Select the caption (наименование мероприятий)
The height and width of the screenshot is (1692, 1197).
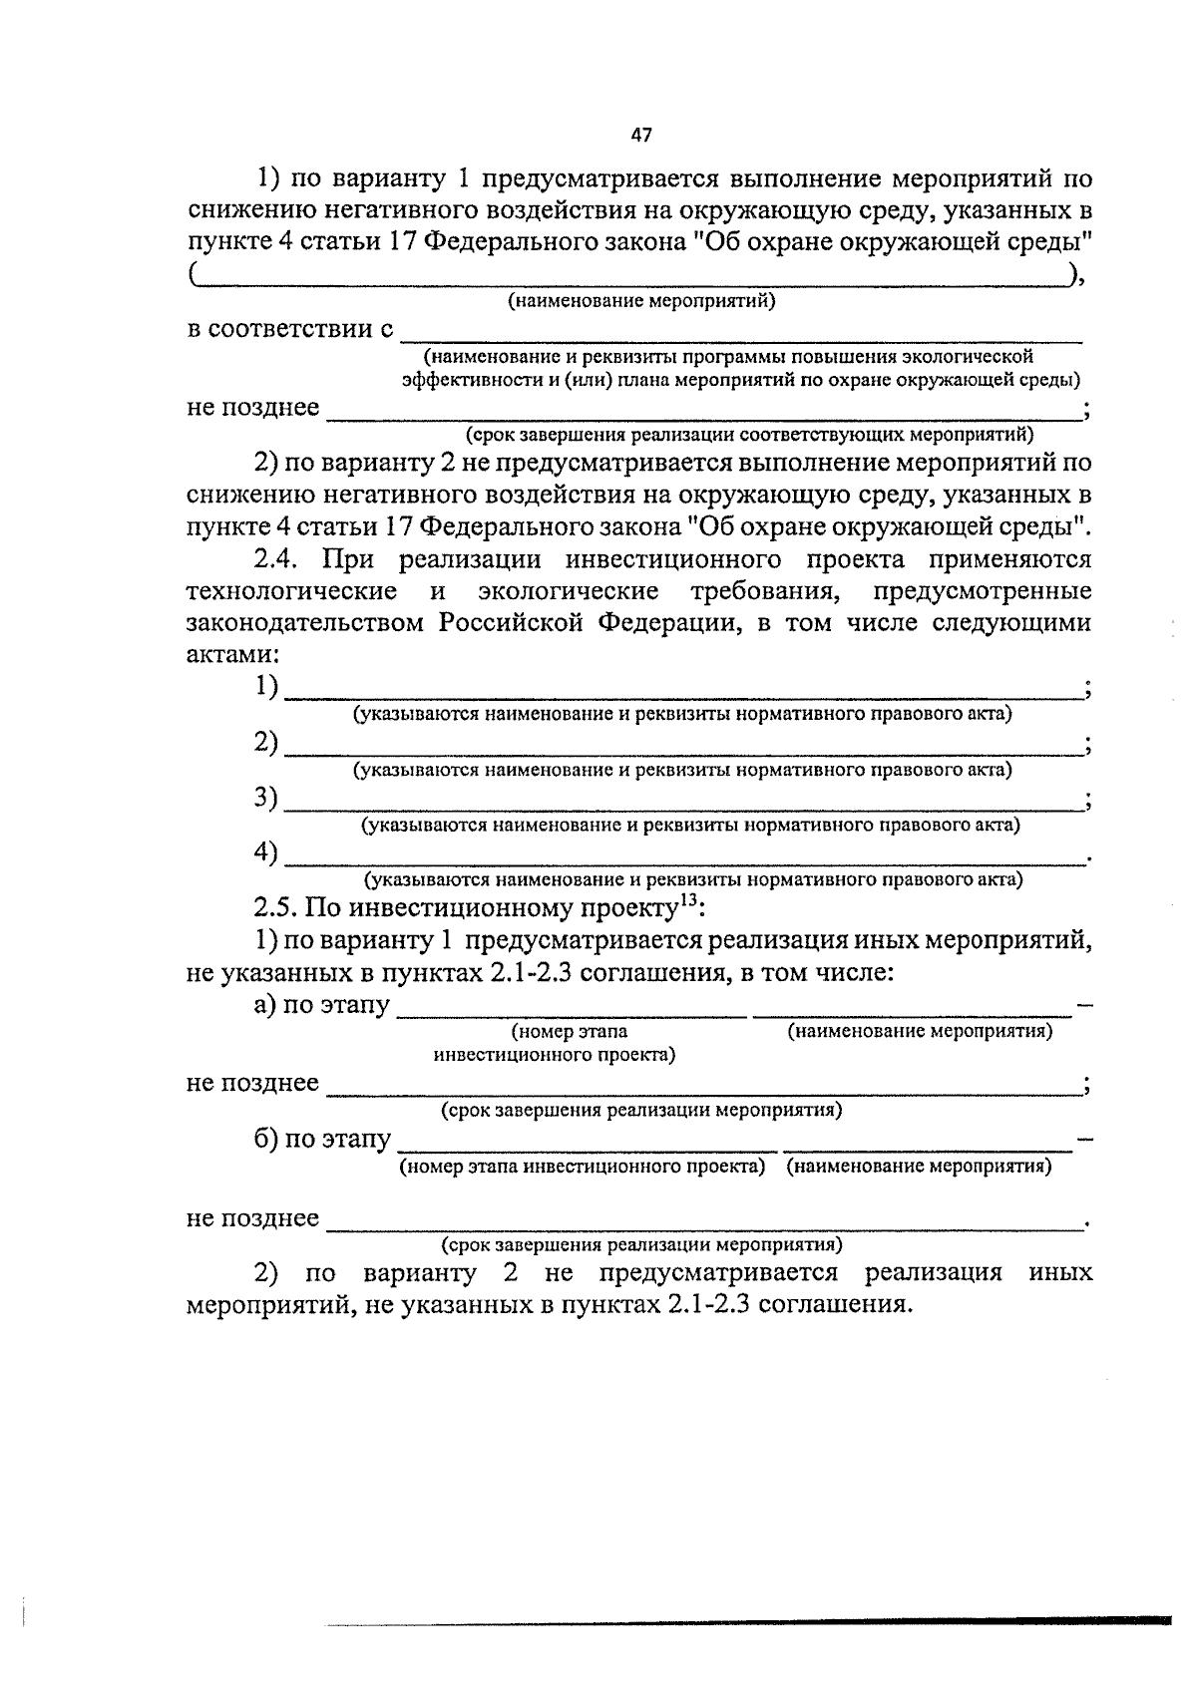(640, 300)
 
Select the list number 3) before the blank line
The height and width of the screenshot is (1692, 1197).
(264, 798)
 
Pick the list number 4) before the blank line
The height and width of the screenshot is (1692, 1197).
(264, 852)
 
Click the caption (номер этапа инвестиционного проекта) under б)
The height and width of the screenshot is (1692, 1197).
(583, 1167)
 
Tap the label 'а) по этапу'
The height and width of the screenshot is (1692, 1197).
(321, 1005)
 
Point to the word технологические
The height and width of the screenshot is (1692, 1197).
(291, 591)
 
